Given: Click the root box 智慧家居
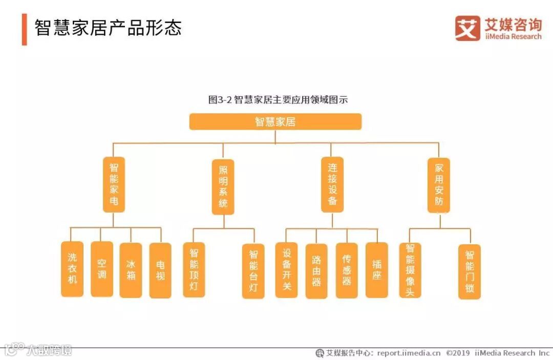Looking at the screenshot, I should click(275, 122).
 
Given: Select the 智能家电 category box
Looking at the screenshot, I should click(114, 184).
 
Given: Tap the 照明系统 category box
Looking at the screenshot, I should click(223, 187).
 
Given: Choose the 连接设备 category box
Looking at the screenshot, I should click(332, 184).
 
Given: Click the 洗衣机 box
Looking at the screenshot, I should click(72, 269).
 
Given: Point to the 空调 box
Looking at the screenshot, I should click(102, 269).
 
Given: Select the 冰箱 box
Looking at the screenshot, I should click(131, 270).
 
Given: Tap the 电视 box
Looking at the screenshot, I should click(160, 270).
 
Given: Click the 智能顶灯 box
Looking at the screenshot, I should click(194, 270).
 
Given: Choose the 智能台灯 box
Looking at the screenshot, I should click(253, 271).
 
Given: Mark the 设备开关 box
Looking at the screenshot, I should click(286, 270).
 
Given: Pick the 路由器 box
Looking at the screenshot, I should click(316, 271).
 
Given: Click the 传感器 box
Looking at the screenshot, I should click(347, 271).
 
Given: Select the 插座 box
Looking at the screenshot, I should click(377, 270).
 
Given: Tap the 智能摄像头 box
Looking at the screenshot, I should click(410, 270).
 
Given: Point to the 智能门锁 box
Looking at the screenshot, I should click(470, 271).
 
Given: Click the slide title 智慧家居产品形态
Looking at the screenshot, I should click(108, 28).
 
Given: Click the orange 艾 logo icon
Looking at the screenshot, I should click(467, 28).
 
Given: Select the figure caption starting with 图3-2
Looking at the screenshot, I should click(278, 100).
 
